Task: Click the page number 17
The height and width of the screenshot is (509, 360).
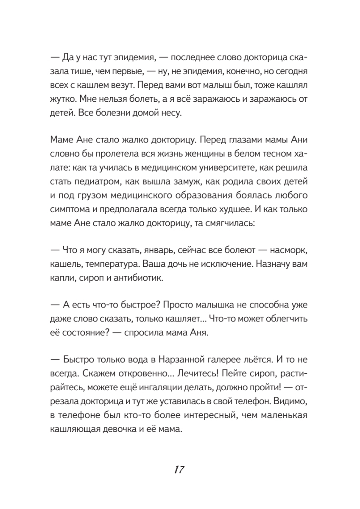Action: [x=179, y=470]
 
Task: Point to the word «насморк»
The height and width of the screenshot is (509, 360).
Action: [x=289, y=251]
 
